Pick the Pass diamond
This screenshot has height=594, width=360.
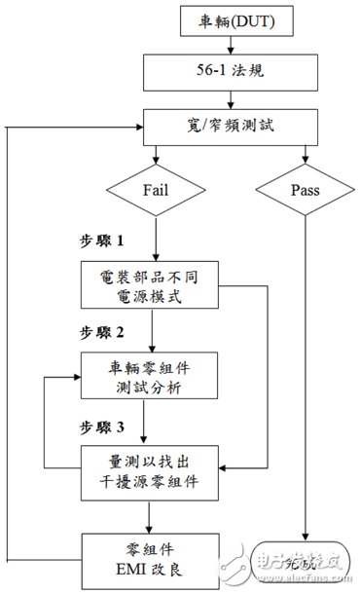(x=306, y=191)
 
